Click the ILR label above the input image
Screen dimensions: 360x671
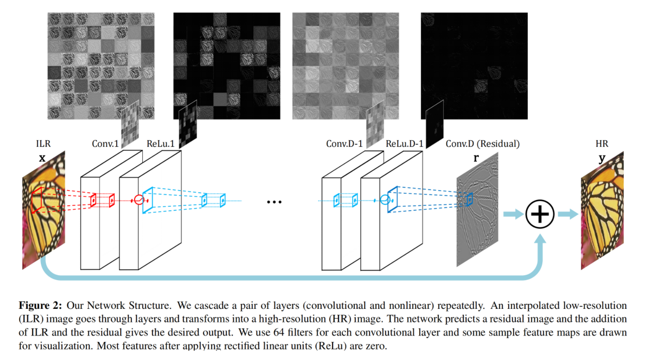point(43,144)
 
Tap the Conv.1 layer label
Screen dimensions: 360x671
point(105,144)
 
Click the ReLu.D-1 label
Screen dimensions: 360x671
point(405,144)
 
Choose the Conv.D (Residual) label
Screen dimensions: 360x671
point(483,144)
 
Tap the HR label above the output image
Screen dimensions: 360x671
point(602,144)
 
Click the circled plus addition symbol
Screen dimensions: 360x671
point(540,214)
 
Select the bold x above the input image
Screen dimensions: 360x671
point(43,158)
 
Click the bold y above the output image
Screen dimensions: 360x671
point(602,158)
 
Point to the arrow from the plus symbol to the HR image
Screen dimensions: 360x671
point(567,214)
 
